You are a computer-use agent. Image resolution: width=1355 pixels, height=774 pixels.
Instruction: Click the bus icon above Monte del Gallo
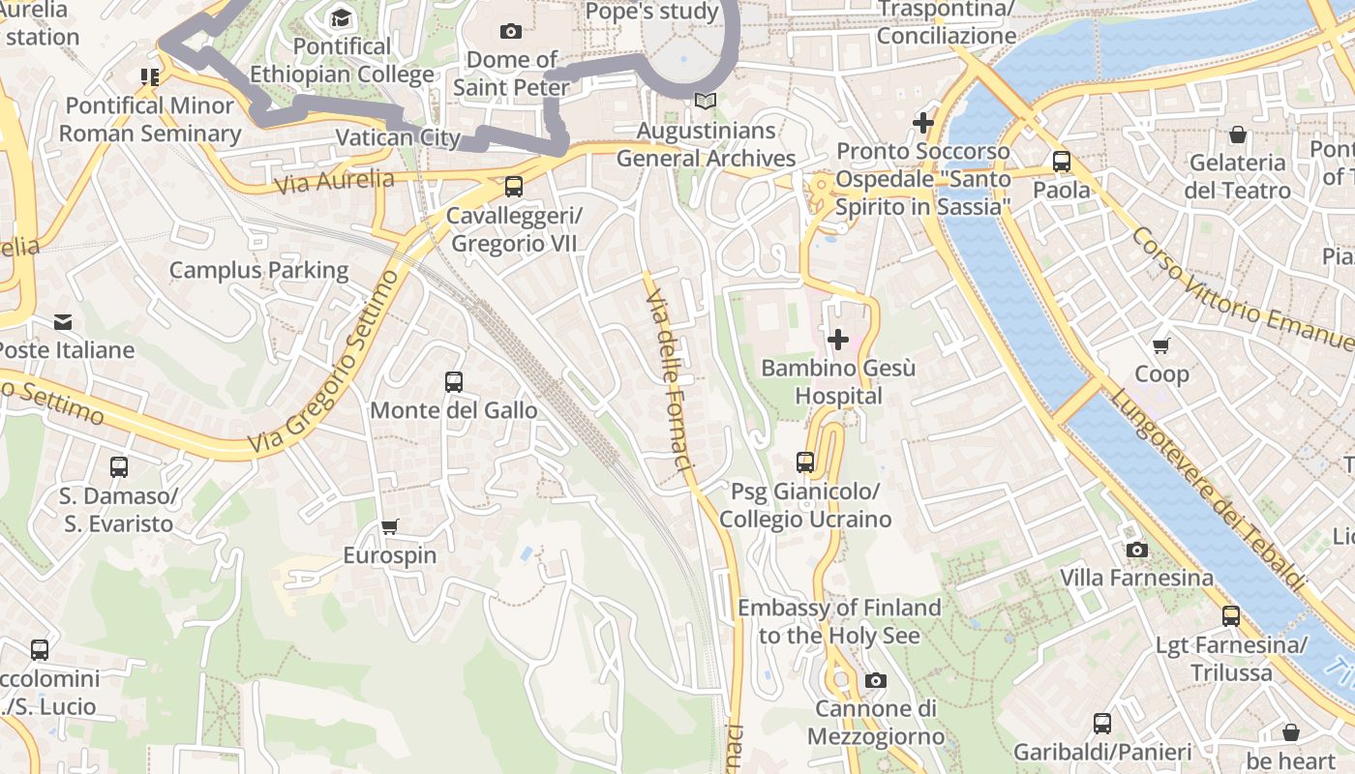click(x=454, y=382)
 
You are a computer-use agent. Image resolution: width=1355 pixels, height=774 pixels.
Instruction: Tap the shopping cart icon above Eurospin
click(x=389, y=527)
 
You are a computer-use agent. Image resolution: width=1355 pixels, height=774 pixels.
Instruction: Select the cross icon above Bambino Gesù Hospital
click(x=838, y=340)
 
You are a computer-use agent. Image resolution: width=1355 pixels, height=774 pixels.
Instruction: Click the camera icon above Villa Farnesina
click(x=1137, y=551)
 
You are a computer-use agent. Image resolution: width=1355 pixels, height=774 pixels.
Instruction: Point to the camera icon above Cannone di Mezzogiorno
click(x=876, y=681)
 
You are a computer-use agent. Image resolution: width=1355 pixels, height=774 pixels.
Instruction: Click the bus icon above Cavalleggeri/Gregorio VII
click(x=514, y=187)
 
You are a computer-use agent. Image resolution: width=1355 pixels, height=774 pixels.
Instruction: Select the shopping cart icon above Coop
click(x=1160, y=345)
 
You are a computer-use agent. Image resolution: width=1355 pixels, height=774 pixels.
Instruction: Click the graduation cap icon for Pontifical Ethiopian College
click(x=341, y=18)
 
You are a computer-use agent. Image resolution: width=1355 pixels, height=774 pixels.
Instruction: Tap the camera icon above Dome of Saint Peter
click(x=511, y=31)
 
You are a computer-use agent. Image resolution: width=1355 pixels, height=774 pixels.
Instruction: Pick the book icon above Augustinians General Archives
click(x=706, y=102)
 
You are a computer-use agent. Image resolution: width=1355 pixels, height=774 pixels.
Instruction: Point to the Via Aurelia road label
click(x=335, y=181)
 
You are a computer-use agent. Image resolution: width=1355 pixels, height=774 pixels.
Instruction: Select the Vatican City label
click(x=398, y=137)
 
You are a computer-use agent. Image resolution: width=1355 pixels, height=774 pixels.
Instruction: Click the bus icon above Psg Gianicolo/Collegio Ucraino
click(x=805, y=462)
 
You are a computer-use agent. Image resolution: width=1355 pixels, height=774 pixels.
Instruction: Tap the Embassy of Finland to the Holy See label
click(x=839, y=621)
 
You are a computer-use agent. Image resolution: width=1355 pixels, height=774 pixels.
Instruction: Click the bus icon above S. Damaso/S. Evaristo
click(x=119, y=467)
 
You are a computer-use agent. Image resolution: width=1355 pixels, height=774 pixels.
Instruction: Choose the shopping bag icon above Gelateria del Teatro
click(x=1237, y=134)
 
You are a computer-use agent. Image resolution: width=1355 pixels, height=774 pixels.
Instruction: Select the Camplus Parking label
click(x=258, y=270)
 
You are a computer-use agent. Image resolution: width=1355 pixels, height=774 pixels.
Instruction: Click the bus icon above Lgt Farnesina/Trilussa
click(x=1231, y=616)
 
